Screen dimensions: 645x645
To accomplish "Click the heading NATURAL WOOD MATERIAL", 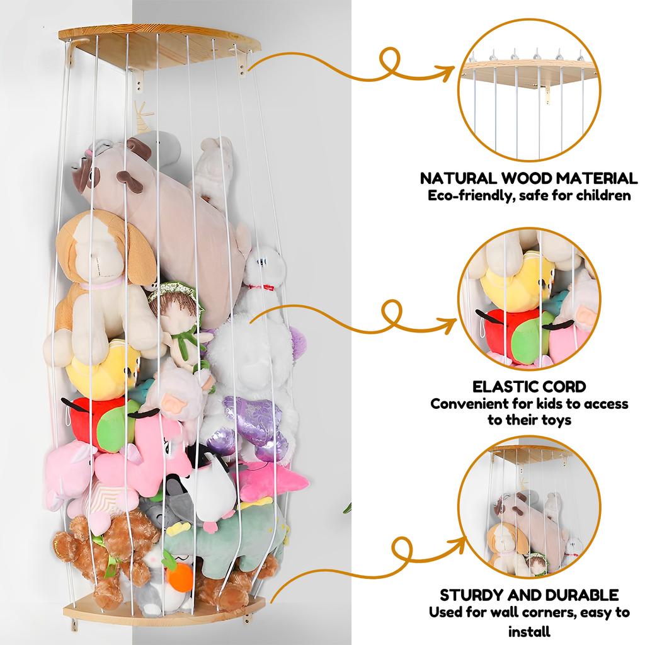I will coord(528,178).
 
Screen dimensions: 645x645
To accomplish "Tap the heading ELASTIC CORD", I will coord(529,385).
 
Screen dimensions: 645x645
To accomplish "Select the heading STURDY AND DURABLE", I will coord(528,595).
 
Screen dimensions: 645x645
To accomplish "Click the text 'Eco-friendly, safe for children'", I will coord(528,196).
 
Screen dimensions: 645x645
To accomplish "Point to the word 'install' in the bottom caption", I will coord(528,631).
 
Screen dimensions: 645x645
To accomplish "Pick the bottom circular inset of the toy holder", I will coord(528,510).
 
